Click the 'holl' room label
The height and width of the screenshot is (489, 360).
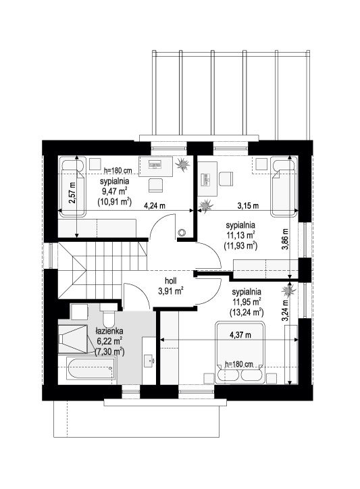point(170,281)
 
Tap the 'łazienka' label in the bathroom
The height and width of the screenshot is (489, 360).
point(109,331)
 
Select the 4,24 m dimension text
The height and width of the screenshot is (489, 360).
point(155,205)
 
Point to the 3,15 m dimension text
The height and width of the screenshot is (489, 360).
point(248,205)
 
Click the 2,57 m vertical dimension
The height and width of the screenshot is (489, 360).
point(72,192)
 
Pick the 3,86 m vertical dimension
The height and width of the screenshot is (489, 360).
point(285,239)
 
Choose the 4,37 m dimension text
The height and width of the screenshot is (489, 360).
point(240,335)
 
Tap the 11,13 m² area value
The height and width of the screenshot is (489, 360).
point(240,235)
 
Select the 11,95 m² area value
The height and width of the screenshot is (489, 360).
point(247,301)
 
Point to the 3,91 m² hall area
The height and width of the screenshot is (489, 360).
point(170,291)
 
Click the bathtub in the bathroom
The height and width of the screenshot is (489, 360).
point(91,369)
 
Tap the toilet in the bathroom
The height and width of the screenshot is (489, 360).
point(109,314)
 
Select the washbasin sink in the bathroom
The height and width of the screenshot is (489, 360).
point(149,361)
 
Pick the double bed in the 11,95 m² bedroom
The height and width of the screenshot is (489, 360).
point(240,353)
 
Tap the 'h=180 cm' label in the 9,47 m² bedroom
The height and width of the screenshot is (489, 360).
point(118,170)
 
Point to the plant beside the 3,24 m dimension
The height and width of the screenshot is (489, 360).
point(288,290)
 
